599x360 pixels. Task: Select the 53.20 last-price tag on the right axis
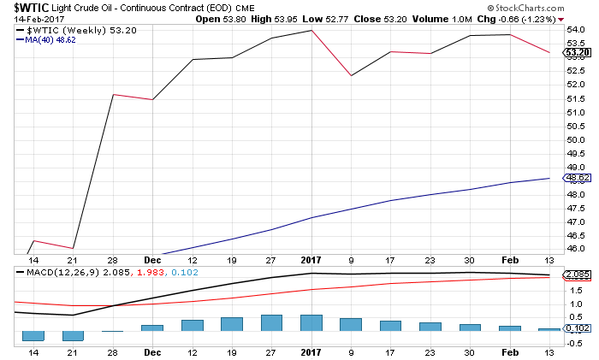574,52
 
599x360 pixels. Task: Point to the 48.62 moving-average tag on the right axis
574,178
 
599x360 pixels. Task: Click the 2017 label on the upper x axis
311,259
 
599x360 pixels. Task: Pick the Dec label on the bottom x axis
152,350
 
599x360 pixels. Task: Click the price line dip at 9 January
351,76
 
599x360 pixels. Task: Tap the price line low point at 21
74,248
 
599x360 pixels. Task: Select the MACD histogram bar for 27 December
271,322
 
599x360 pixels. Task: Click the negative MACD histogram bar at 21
74,335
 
